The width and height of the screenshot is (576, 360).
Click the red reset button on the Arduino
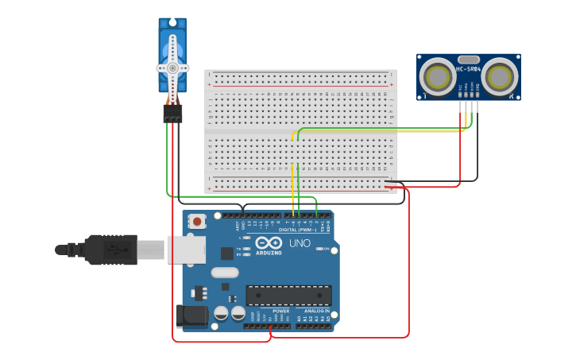(196, 220)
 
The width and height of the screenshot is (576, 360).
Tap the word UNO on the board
(300, 243)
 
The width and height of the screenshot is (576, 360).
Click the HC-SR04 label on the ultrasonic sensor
(468, 69)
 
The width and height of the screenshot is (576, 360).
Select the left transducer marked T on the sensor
(437, 77)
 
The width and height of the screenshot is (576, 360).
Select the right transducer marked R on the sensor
(500, 77)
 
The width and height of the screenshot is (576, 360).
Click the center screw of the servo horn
(172, 68)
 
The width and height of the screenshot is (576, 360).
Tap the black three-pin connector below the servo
(172, 114)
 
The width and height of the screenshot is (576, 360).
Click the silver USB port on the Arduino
(186, 250)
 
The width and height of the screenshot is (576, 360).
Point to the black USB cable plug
(111, 250)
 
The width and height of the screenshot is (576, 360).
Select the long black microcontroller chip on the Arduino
(288, 296)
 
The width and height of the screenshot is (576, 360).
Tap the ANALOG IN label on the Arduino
(316, 311)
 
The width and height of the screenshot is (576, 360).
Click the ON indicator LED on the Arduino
(319, 250)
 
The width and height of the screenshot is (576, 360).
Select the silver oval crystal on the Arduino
(224, 272)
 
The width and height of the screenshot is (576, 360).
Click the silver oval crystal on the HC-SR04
(469, 59)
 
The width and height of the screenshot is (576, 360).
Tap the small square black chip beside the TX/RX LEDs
(227, 254)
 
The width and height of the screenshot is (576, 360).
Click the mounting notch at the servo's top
(172, 22)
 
